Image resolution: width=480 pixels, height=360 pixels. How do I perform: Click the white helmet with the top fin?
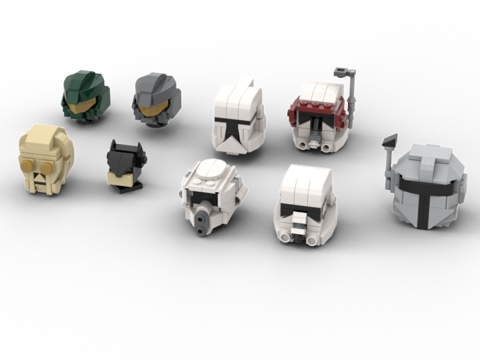pos(239,119)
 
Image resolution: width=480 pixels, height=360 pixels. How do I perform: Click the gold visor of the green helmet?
pos(84,106)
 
